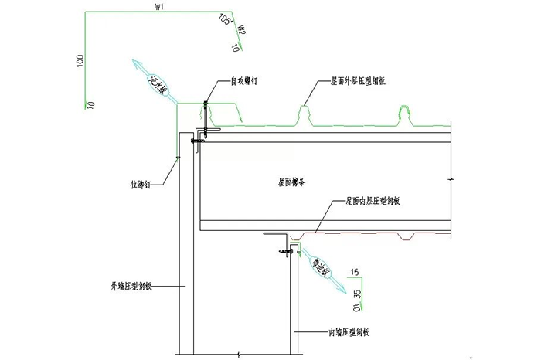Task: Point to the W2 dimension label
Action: point(242,31)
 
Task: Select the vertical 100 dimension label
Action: point(80,61)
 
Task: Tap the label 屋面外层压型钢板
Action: point(360,80)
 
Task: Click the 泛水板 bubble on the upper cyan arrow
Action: point(157,83)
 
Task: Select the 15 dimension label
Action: point(355,272)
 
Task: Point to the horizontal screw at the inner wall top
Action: point(285,249)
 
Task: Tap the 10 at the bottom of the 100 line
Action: point(90,103)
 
